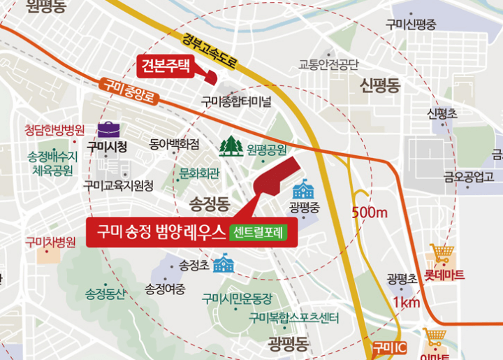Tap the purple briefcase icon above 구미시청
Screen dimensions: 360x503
tap(108, 129)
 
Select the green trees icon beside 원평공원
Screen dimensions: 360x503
tap(231, 145)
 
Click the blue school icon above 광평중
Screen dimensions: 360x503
tap(303, 188)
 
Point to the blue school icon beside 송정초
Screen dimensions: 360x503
tap(224, 264)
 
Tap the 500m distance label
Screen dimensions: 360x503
tap(370, 212)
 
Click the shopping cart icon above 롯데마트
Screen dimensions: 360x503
tap(440, 253)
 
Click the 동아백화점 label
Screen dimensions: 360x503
tap(175, 145)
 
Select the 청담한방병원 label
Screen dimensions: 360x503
tap(54, 130)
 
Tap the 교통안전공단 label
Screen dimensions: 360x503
tap(328, 65)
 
